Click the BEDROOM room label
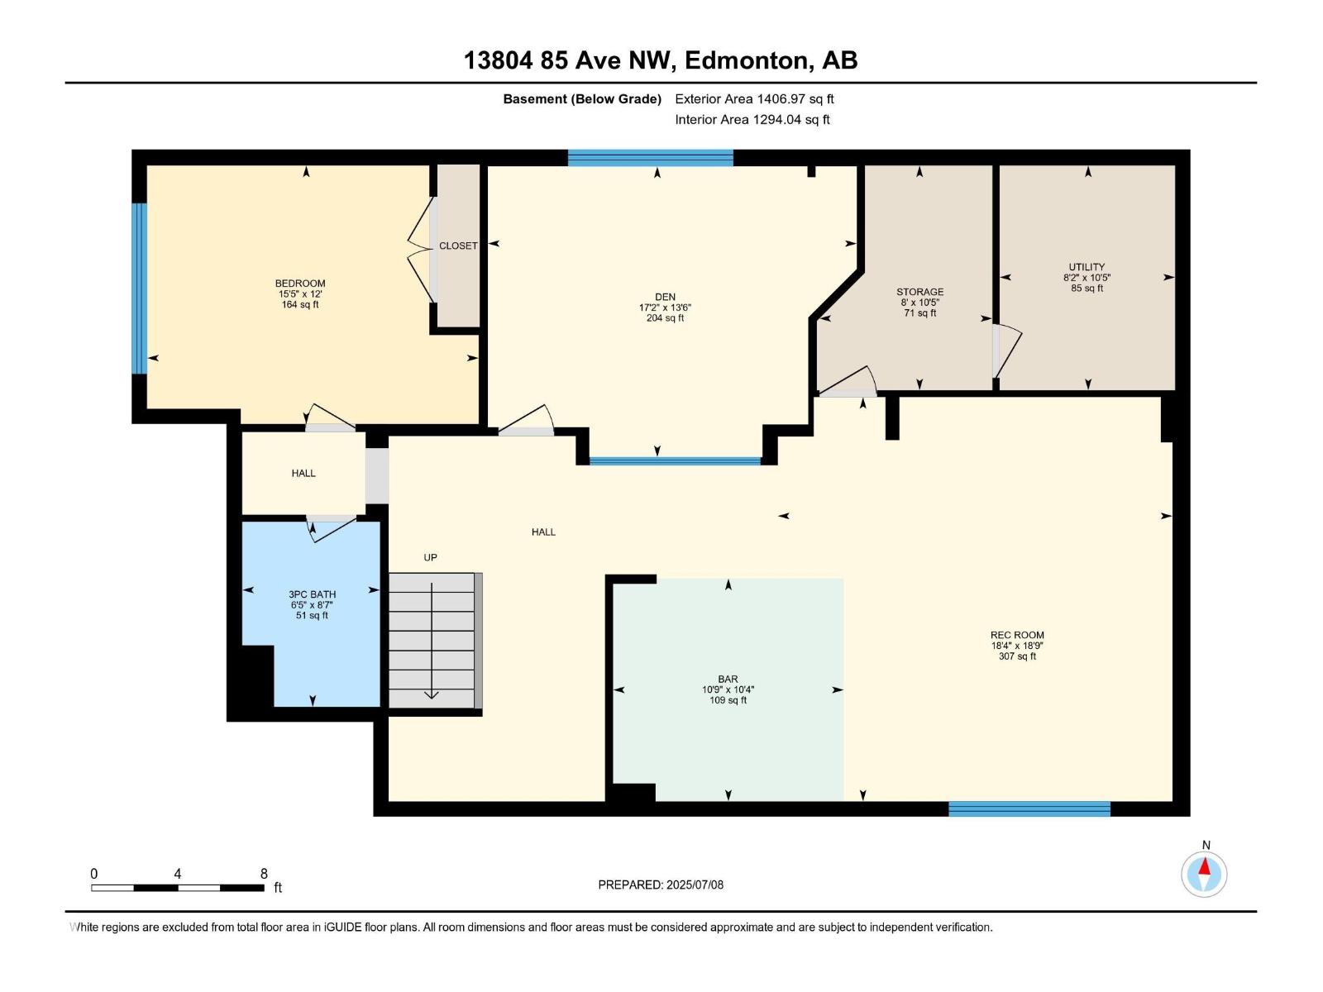tap(300, 284)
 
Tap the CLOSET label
tap(458, 246)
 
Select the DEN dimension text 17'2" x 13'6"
tap(665, 308)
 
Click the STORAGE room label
tap(919, 292)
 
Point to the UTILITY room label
tap(1087, 267)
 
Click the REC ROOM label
tap(1017, 635)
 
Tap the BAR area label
tap(728, 679)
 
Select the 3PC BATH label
tap(312, 594)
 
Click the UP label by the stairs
tap(430, 557)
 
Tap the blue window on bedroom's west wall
tap(140, 289)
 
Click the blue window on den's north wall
tap(650, 158)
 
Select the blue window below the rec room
tap(1029, 808)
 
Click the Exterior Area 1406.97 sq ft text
tap(753, 98)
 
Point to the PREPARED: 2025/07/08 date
tap(661, 885)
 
